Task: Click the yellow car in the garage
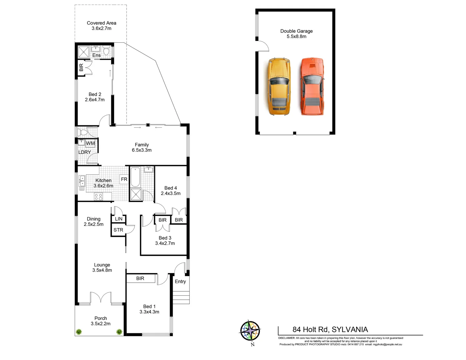coord(279,87)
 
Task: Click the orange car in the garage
coord(312,86)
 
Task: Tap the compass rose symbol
coord(250,331)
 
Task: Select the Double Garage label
coord(296,31)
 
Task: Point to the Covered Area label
coord(101,23)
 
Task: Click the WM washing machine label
coord(90,143)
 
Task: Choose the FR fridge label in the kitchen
coord(124,179)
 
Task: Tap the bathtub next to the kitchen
coord(135,177)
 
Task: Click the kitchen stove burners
coord(98,197)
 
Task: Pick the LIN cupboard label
coord(119,219)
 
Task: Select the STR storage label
coord(118,230)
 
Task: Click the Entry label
coord(180,282)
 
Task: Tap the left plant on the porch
coord(79,332)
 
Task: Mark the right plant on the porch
coord(119,332)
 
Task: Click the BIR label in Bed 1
coord(140,278)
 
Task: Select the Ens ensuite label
coord(96,55)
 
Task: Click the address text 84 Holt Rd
coord(311,330)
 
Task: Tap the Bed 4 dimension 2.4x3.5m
coord(171,193)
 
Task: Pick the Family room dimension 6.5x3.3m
coord(142,150)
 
